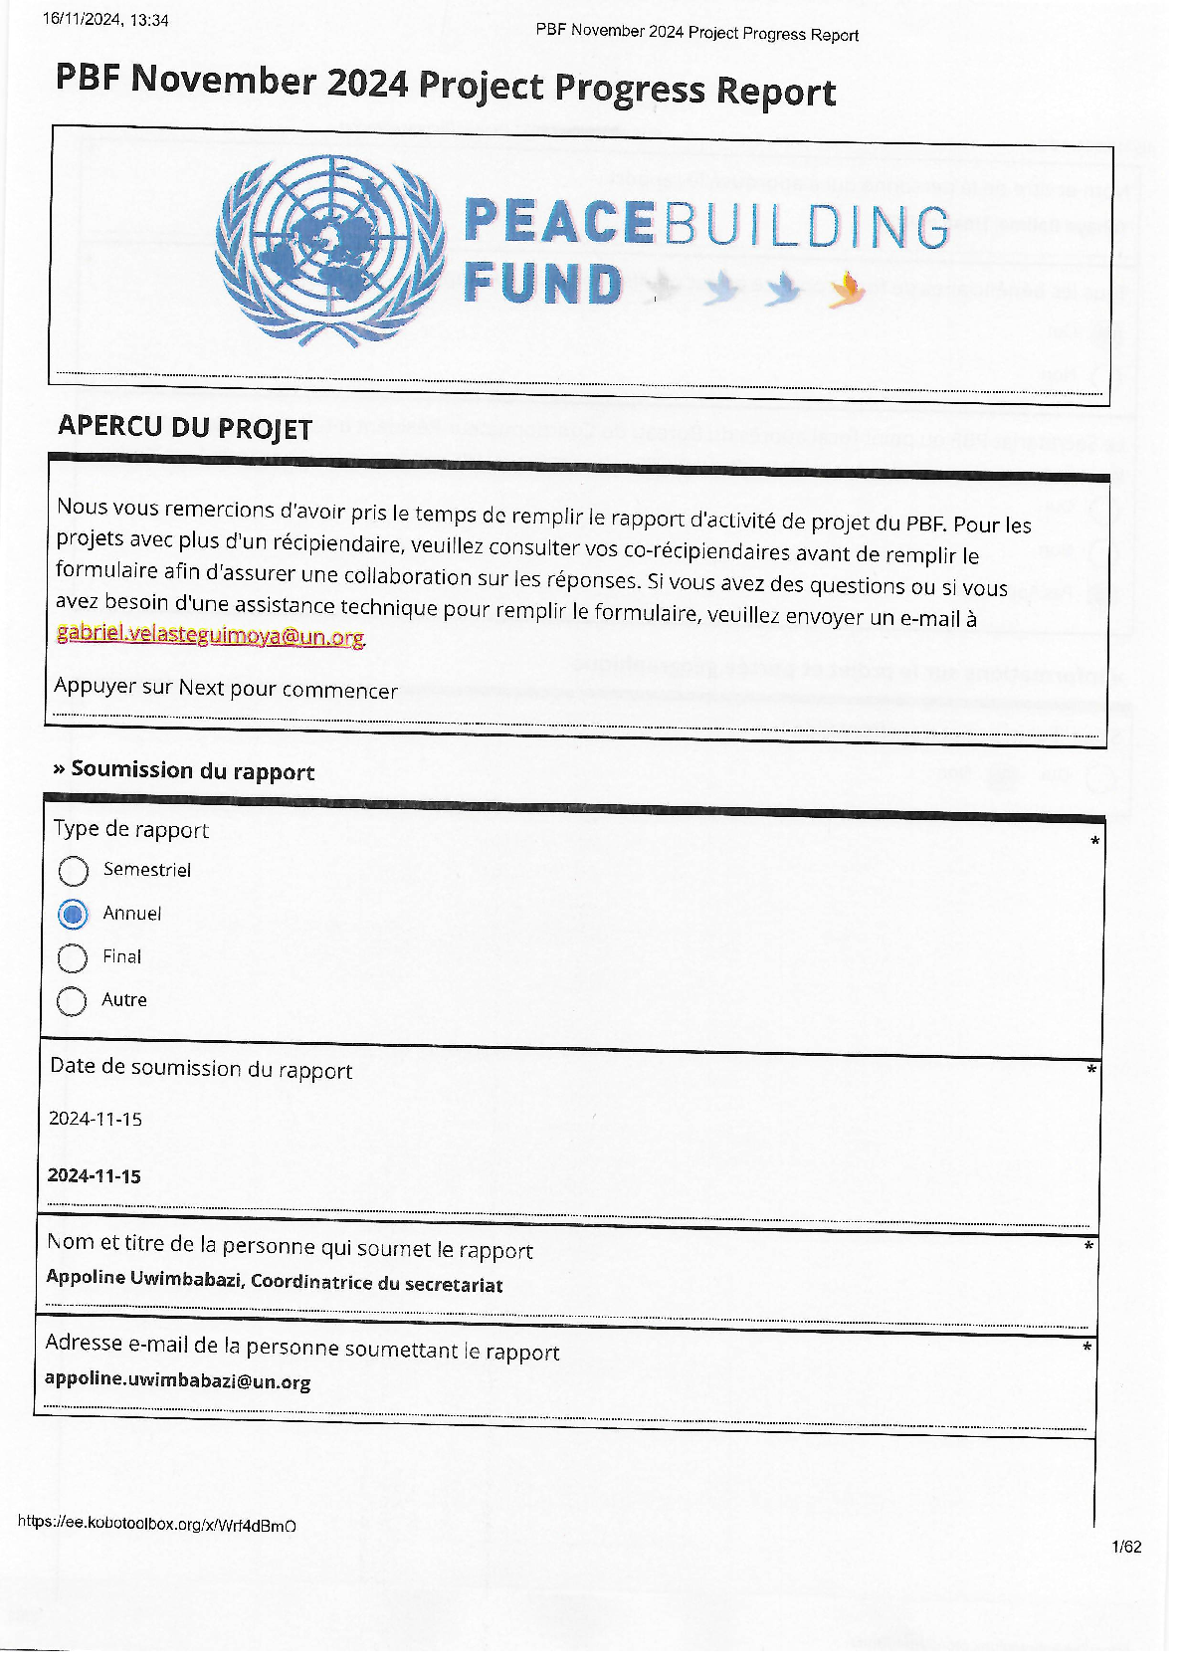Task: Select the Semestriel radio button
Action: tap(73, 871)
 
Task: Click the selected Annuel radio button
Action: tap(73, 914)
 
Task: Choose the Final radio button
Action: tap(73, 957)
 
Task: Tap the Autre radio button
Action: tap(72, 1000)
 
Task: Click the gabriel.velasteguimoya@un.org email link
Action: tap(210, 635)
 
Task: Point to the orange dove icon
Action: tap(846, 290)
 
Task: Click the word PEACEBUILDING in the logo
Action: tap(705, 225)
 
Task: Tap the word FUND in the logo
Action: tap(542, 284)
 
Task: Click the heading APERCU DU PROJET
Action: tap(185, 427)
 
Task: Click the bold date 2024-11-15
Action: tap(95, 1175)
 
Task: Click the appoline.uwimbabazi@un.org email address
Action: tap(178, 1380)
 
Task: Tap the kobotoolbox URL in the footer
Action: tap(156, 1525)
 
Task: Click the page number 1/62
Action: tap(1125, 1547)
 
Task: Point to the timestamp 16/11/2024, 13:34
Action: tap(105, 20)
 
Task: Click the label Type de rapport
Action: tap(130, 829)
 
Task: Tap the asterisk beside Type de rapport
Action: tap(1094, 842)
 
